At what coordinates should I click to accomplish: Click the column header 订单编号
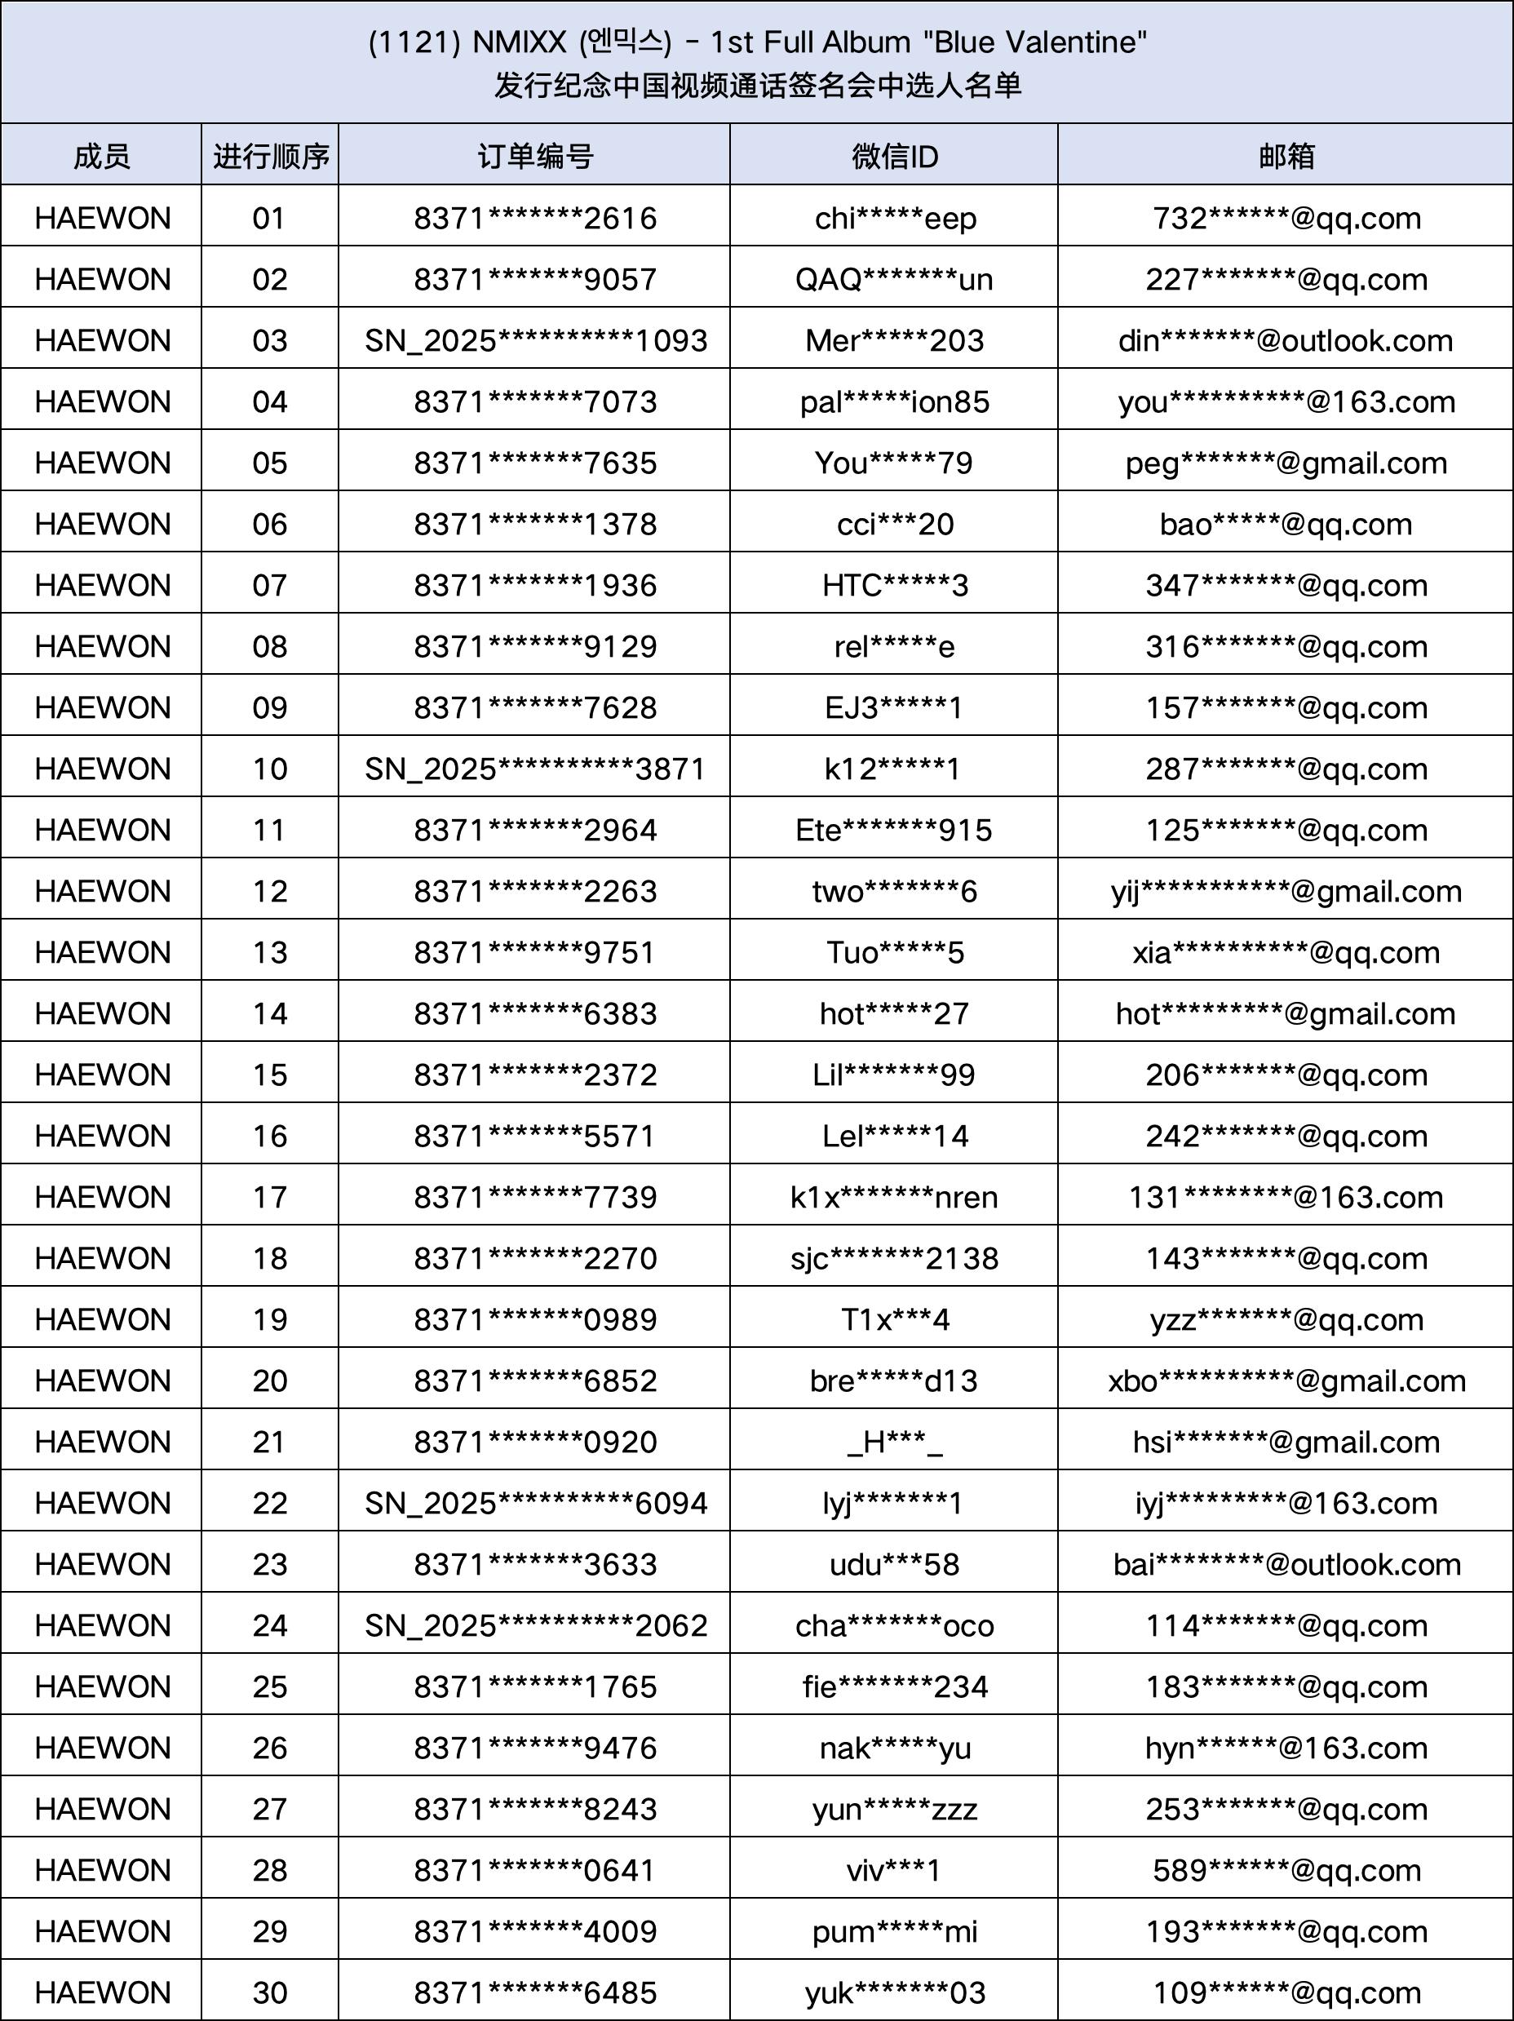534,156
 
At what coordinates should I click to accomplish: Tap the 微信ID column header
895,156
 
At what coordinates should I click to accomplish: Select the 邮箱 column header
1286,156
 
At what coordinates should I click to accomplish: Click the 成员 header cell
101,156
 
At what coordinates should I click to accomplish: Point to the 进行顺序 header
271,156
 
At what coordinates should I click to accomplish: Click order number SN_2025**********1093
535,341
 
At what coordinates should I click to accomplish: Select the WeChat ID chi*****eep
896,219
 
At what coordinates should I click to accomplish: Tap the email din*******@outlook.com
1286,341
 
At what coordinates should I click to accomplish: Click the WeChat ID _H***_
895,1442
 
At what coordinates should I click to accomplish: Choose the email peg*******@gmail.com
1286,463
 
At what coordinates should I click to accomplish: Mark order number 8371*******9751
534,952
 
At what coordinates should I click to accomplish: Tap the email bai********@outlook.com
1286,1564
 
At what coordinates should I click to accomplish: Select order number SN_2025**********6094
535,1503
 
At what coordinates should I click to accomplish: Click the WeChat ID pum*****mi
895,1931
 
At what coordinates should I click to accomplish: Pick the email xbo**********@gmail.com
1286,1381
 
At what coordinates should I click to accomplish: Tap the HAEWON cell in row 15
102,1075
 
